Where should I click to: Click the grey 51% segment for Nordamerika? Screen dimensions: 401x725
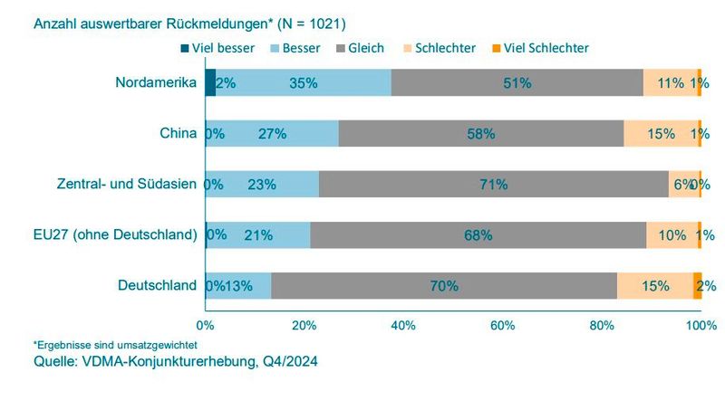click(x=517, y=82)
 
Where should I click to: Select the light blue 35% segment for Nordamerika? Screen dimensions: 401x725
click(x=304, y=82)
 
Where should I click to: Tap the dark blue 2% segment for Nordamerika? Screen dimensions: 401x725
click(x=210, y=82)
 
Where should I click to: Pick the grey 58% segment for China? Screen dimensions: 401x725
click(x=480, y=133)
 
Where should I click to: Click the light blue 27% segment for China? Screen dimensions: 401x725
click(x=272, y=133)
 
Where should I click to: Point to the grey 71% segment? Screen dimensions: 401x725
click(x=494, y=184)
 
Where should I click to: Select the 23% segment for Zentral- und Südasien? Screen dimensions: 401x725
click(x=262, y=184)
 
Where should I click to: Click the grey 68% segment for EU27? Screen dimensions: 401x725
click(x=478, y=234)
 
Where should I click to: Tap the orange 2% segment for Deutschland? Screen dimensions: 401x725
click(x=698, y=285)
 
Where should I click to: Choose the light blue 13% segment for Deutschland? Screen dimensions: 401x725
click(x=238, y=285)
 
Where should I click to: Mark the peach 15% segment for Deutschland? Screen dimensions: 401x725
click(x=655, y=285)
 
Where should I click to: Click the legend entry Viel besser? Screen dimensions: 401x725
click(x=216, y=47)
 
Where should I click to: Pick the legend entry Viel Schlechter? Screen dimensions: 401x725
click(x=545, y=47)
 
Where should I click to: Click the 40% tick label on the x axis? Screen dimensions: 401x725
click(x=402, y=325)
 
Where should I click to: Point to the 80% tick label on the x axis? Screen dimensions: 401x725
click(x=601, y=325)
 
